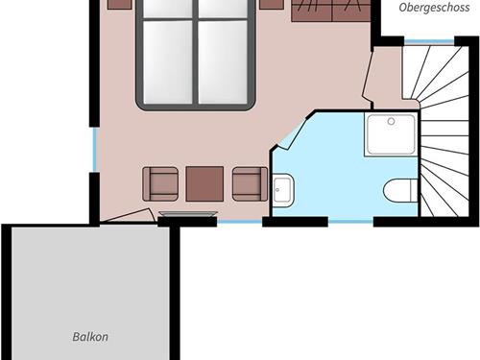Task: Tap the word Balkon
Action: coord(90,337)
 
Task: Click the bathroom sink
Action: coord(283,190)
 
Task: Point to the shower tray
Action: coord(391,135)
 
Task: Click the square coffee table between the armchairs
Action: coord(204,183)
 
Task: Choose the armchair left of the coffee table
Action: coord(160,183)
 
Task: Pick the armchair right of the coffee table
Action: coord(250,183)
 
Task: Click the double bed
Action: coord(196,53)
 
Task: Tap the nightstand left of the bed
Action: coord(119,4)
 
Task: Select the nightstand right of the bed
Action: coord(272,4)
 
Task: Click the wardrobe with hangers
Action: coord(330,11)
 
